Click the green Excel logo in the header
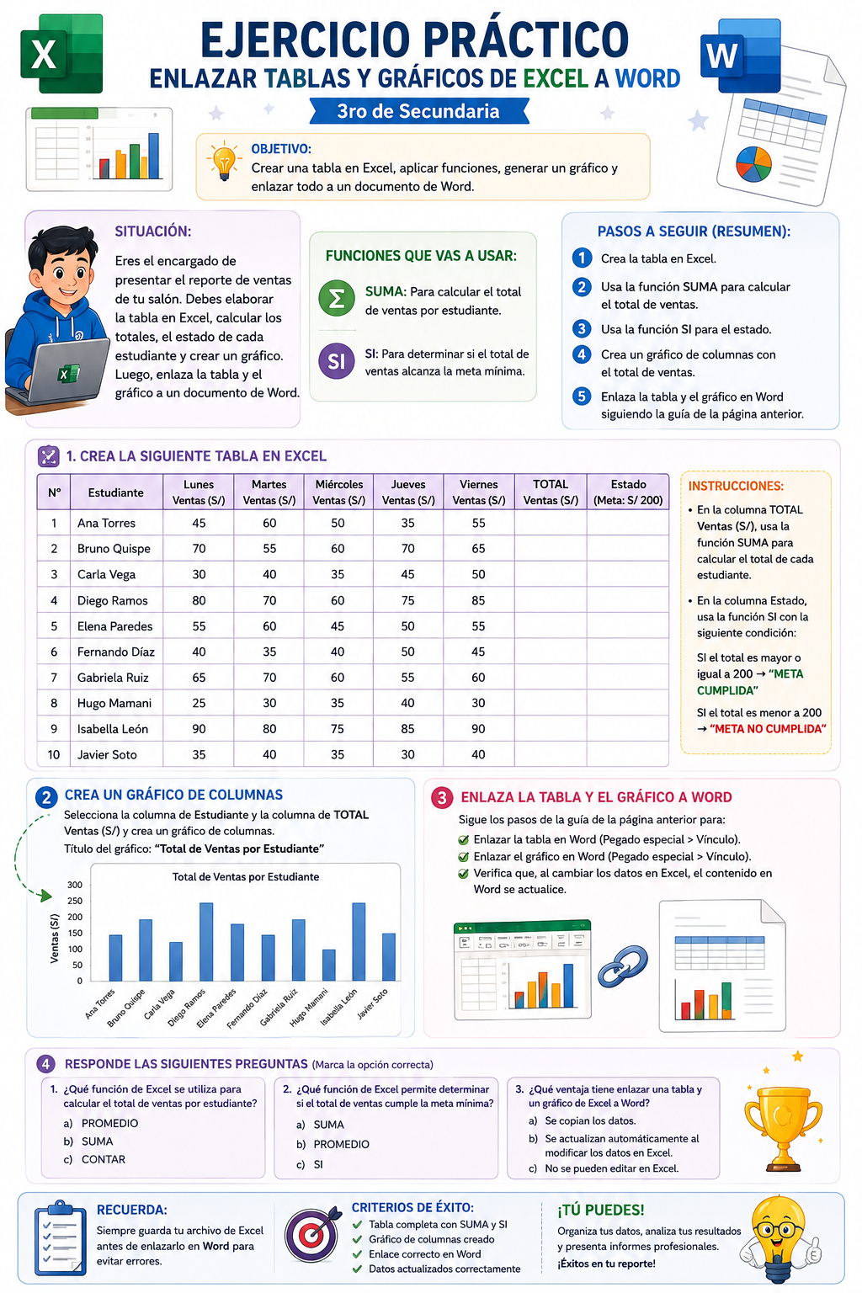[61, 54]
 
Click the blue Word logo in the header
[741, 56]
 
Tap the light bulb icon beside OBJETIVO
[224, 162]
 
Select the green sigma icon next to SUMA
[337, 298]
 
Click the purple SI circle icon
[337, 361]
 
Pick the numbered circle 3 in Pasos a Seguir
[582, 329]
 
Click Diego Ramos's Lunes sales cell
[199, 600]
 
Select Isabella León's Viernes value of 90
[478, 728]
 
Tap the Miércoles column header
[339, 492]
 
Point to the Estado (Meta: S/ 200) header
[628, 492]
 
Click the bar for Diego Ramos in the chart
[206, 941]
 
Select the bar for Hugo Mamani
[328, 966]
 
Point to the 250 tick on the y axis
[74, 901]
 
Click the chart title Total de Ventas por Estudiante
[245, 877]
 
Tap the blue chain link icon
[622, 966]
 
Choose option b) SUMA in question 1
[88, 1141]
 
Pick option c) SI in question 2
[310, 1164]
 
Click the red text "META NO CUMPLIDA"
[768, 728]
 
